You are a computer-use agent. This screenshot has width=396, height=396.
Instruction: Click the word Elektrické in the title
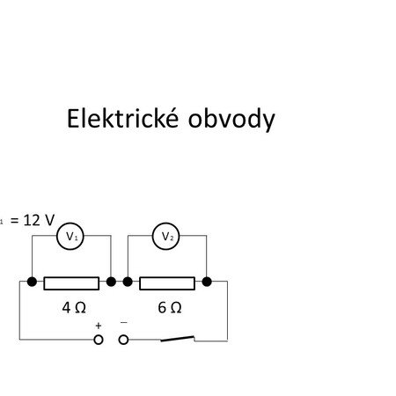click(122, 118)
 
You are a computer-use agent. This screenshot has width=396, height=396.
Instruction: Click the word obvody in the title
click(231, 120)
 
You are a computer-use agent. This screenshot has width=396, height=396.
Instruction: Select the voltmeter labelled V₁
click(70, 236)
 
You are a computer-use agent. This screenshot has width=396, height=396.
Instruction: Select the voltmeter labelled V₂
click(166, 236)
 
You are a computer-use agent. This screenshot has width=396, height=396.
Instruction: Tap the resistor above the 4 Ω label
click(71, 283)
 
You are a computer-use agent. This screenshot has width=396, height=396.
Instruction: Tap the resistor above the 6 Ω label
click(167, 283)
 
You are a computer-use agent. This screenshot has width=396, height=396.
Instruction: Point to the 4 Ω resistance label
click(74, 308)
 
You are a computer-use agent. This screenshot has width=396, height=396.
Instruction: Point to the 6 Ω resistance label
click(170, 308)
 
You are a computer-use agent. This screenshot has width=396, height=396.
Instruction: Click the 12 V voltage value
click(39, 220)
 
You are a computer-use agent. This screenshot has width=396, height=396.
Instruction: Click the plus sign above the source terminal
click(99, 326)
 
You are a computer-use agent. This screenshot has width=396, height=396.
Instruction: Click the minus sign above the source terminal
click(124, 322)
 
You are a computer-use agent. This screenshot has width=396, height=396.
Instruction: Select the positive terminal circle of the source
click(99, 340)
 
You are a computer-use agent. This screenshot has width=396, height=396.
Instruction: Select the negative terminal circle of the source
click(123, 340)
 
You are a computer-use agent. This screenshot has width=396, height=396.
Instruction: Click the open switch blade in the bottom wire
click(177, 339)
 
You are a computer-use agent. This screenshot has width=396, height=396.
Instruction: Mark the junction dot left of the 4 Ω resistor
click(32, 282)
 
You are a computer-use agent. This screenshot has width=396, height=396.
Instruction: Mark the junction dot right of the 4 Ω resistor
click(111, 282)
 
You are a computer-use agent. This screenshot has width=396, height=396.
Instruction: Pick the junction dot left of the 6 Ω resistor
click(128, 282)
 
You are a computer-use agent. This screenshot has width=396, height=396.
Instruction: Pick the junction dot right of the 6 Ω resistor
click(207, 282)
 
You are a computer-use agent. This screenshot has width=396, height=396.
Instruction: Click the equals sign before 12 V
click(15, 221)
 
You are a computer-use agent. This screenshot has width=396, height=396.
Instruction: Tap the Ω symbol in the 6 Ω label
click(176, 308)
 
